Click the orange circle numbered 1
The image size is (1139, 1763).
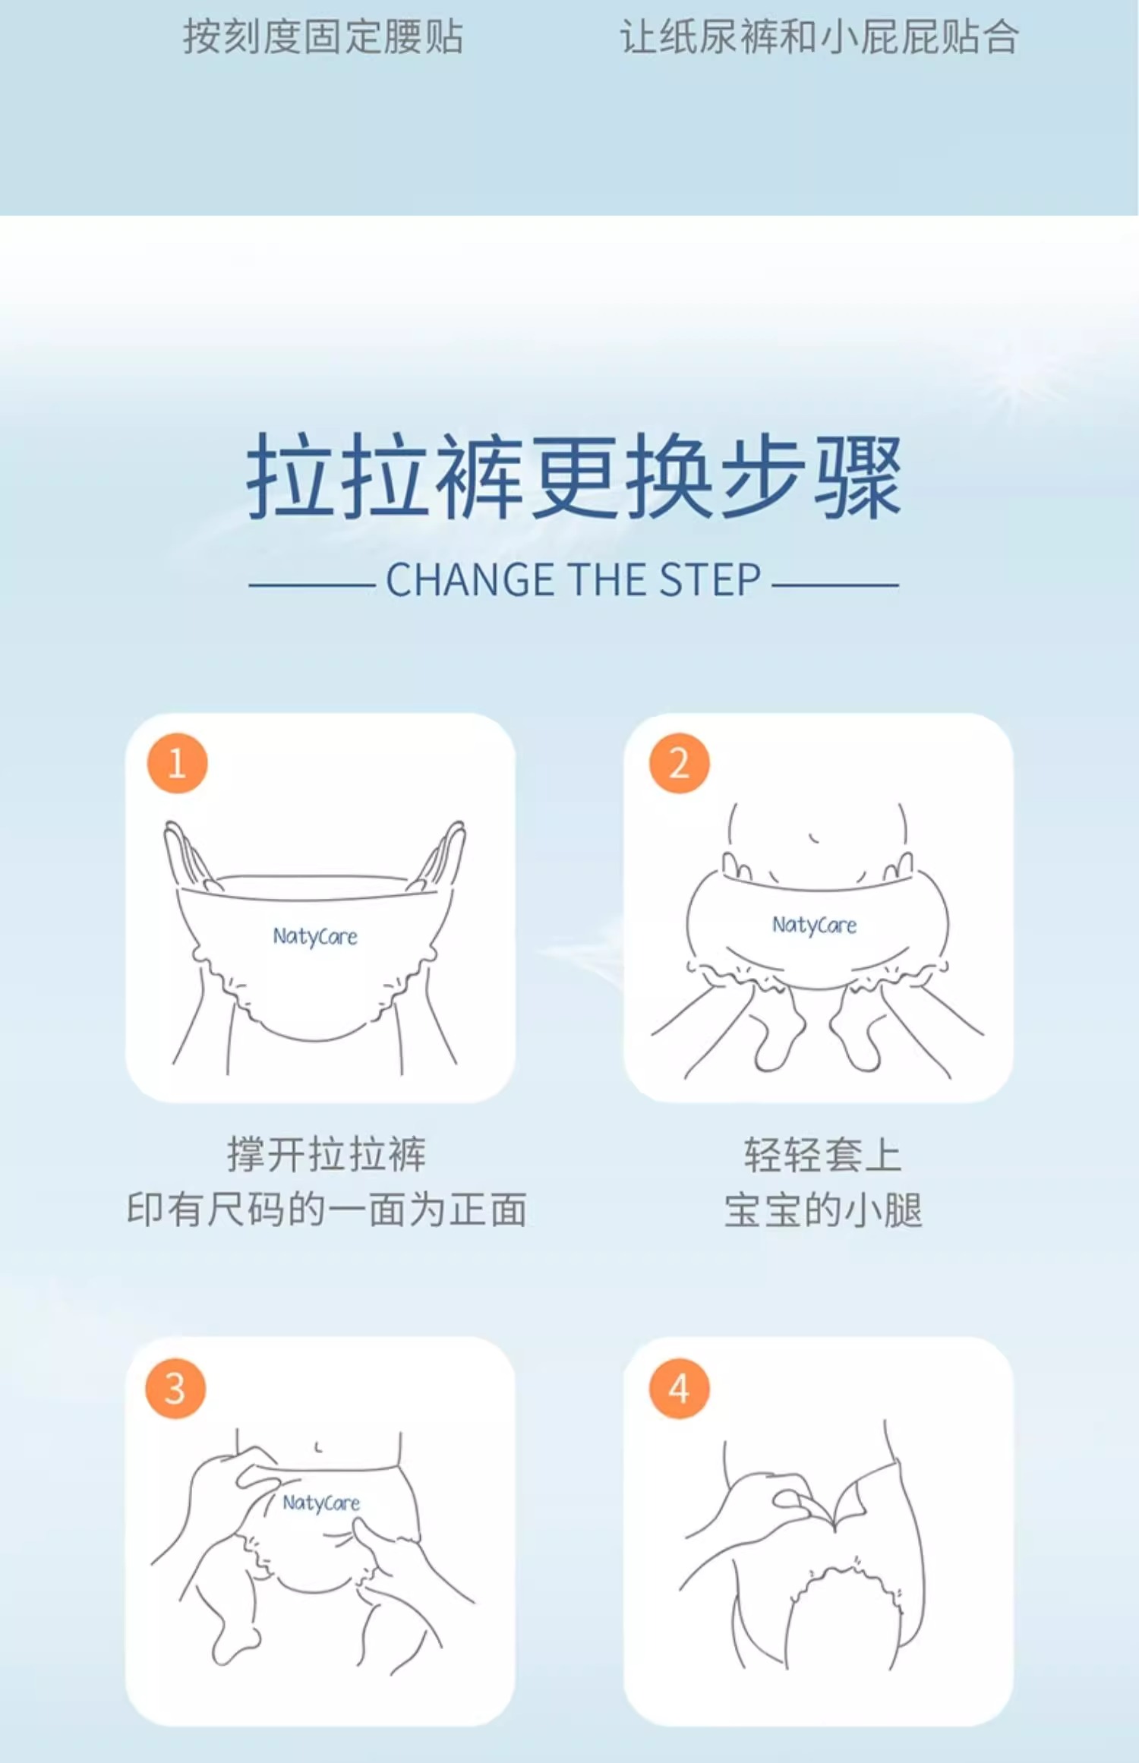pyautogui.click(x=177, y=763)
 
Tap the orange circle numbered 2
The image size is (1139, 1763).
pyautogui.click(x=679, y=763)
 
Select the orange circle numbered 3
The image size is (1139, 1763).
pyautogui.click(x=175, y=1389)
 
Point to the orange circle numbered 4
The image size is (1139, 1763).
pyautogui.click(x=679, y=1389)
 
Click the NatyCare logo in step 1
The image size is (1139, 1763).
pyautogui.click(x=315, y=937)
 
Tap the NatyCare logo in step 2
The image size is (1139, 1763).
pyautogui.click(x=814, y=925)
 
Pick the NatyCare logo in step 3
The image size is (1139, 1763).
pyautogui.click(x=321, y=1503)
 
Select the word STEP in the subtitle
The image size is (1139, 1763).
pyautogui.click(x=710, y=580)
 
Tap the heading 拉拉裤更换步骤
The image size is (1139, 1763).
pyautogui.click(x=574, y=476)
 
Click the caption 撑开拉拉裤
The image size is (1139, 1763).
pyautogui.click(x=327, y=1155)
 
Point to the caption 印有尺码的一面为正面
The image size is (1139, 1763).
pyautogui.click(x=327, y=1209)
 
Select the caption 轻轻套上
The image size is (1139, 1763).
pyautogui.click(x=823, y=1155)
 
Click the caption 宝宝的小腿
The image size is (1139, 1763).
pyautogui.click(x=823, y=1209)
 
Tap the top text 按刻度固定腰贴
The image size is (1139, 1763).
pyautogui.click(x=323, y=36)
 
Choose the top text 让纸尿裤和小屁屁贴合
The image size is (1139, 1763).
pyautogui.click(x=819, y=36)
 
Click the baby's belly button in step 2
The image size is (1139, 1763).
pyautogui.click(x=813, y=838)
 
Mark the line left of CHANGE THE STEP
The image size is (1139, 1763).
pyautogui.click(x=312, y=585)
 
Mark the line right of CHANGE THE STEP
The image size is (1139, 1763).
pyautogui.click(x=835, y=585)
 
